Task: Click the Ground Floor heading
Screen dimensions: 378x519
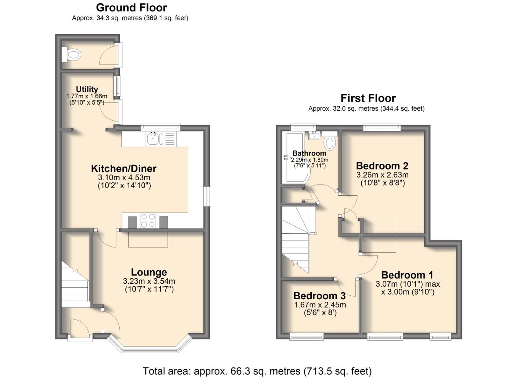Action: coord(131,7)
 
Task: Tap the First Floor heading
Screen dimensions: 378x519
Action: coord(368,98)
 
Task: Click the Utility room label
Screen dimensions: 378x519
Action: coord(87,89)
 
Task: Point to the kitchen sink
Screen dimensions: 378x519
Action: coord(153,139)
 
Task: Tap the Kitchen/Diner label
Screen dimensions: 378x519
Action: coord(124,168)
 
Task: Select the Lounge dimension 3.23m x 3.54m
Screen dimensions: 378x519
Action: coord(149,281)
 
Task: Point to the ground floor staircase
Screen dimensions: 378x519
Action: coord(74,285)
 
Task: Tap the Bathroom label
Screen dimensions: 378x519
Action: coord(309,153)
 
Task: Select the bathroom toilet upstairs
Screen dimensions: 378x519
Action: coord(330,143)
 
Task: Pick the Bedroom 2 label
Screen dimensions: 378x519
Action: coord(382,166)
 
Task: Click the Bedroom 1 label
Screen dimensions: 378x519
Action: coord(407,275)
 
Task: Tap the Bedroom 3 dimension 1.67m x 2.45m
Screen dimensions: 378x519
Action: coord(320,305)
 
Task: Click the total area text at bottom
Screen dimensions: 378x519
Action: coord(257,371)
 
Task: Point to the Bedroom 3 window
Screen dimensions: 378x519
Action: coord(307,337)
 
